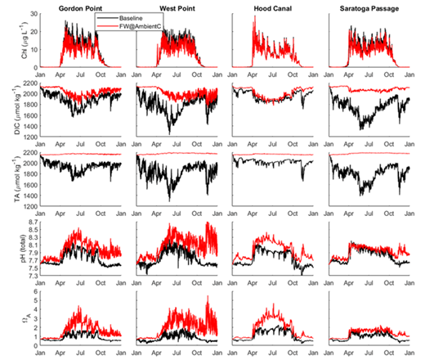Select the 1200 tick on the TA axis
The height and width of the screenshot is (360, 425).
coord(26,205)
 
